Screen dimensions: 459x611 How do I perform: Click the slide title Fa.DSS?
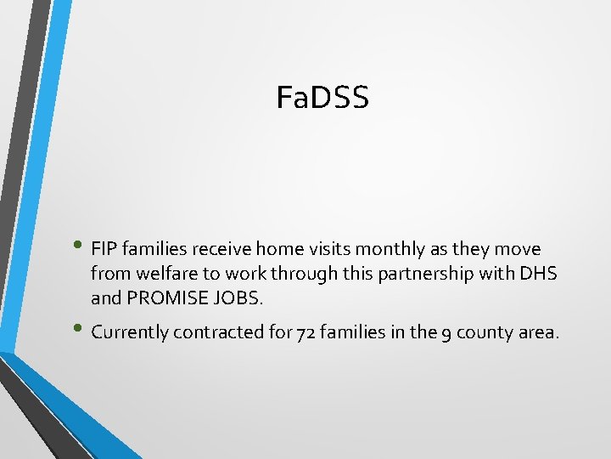(322, 98)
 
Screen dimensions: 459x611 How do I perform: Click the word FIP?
(104, 250)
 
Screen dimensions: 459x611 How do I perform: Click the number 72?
(305, 332)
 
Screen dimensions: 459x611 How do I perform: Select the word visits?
(325, 250)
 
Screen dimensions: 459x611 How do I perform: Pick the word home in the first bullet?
(277, 250)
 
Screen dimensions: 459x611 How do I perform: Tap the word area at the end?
(538, 332)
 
